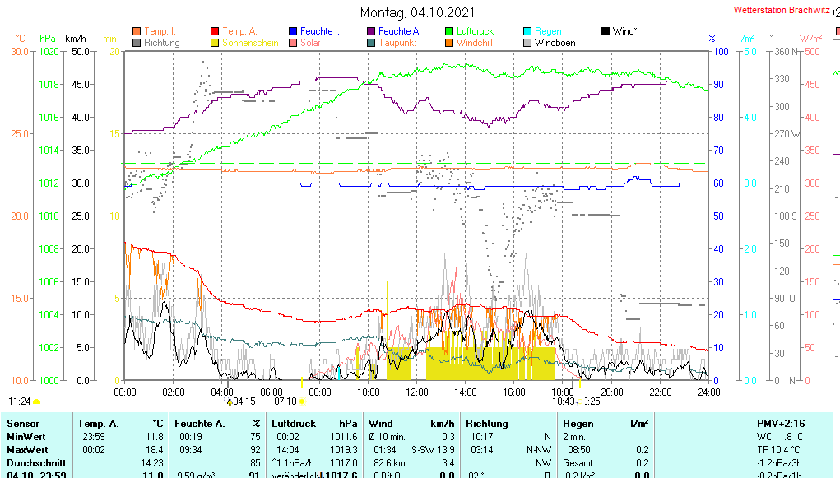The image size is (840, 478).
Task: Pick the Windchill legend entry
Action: (474, 43)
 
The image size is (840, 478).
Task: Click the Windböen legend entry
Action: (555, 43)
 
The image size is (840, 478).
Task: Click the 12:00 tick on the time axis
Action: (416, 392)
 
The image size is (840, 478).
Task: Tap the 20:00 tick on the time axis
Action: (611, 392)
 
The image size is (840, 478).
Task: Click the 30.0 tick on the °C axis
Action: (19, 52)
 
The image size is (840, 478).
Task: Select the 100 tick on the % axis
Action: (718, 52)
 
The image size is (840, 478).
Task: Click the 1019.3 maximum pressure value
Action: (344, 450)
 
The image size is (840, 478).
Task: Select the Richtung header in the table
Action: (487, 423)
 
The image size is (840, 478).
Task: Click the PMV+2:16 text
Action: (782, 423)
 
